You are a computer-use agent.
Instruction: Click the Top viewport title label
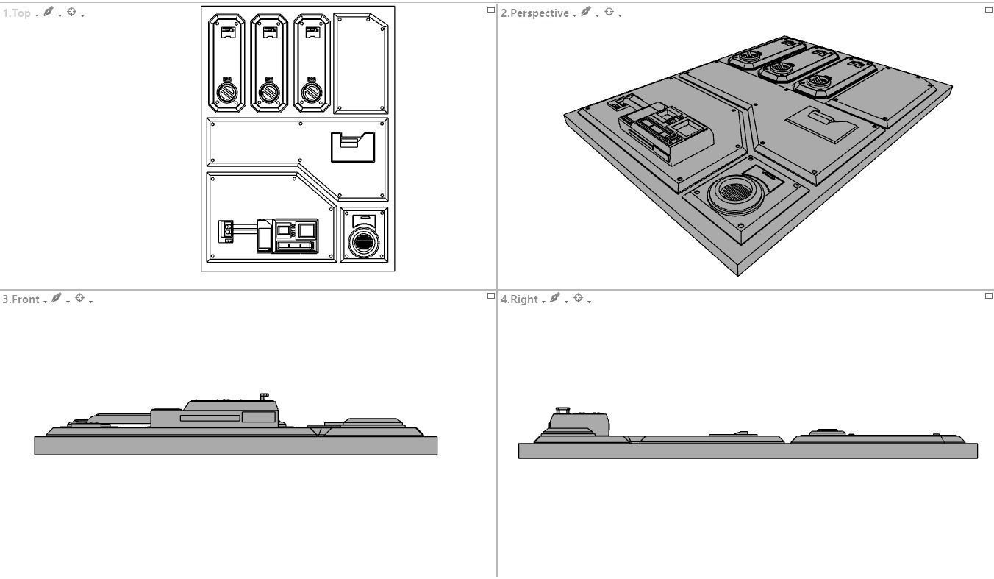coord(17,13)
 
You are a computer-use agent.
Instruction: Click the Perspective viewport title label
coord(534,13)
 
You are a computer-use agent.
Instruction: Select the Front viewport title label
coord(21,299)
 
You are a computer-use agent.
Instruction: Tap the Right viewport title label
coord(519,299)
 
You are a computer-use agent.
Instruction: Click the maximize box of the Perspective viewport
coord(988,10)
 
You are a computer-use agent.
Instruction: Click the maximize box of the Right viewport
coord(988,296)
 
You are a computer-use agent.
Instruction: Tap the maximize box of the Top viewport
coord(491,10)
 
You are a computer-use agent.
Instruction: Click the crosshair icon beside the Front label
coord(80,299)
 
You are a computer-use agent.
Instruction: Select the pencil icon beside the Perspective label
coord(585,13)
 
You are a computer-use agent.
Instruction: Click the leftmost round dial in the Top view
coord(227,93)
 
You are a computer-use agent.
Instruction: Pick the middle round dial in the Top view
coord(270,93)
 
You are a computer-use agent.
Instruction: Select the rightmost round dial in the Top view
coord(312,93)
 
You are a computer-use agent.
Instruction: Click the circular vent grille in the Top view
coord(363,242)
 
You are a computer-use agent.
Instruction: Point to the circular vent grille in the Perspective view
coord(732,193)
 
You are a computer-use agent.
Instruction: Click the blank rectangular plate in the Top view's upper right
coord(360,63)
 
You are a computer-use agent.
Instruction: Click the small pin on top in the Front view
coord(265,397)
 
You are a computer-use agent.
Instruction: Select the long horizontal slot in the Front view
coord(210,418)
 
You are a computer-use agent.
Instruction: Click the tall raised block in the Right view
coord(579,422)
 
